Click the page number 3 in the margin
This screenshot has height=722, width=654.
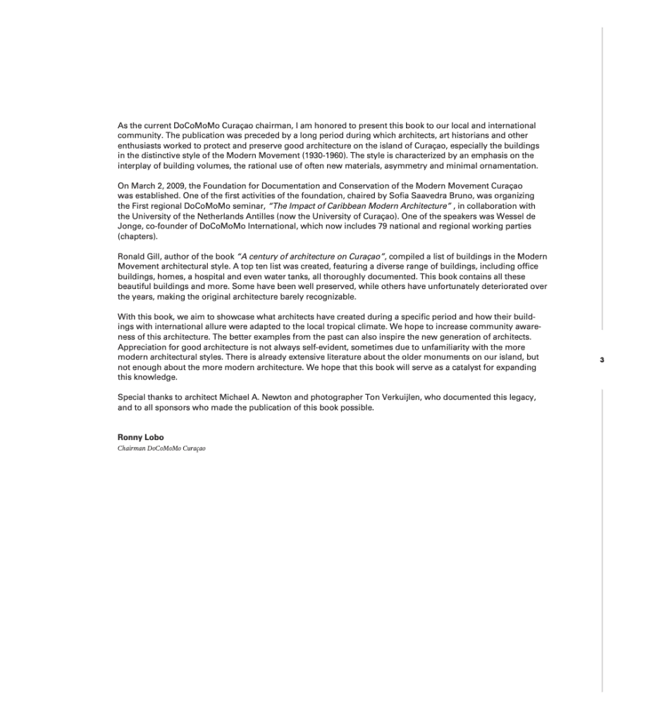[602, 360]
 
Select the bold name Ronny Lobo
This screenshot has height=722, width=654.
[140, 437]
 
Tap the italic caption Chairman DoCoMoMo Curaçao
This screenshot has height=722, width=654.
[161, 448]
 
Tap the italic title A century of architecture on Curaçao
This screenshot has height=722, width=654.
[311, 257]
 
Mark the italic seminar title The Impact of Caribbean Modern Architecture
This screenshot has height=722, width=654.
[359, 206]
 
